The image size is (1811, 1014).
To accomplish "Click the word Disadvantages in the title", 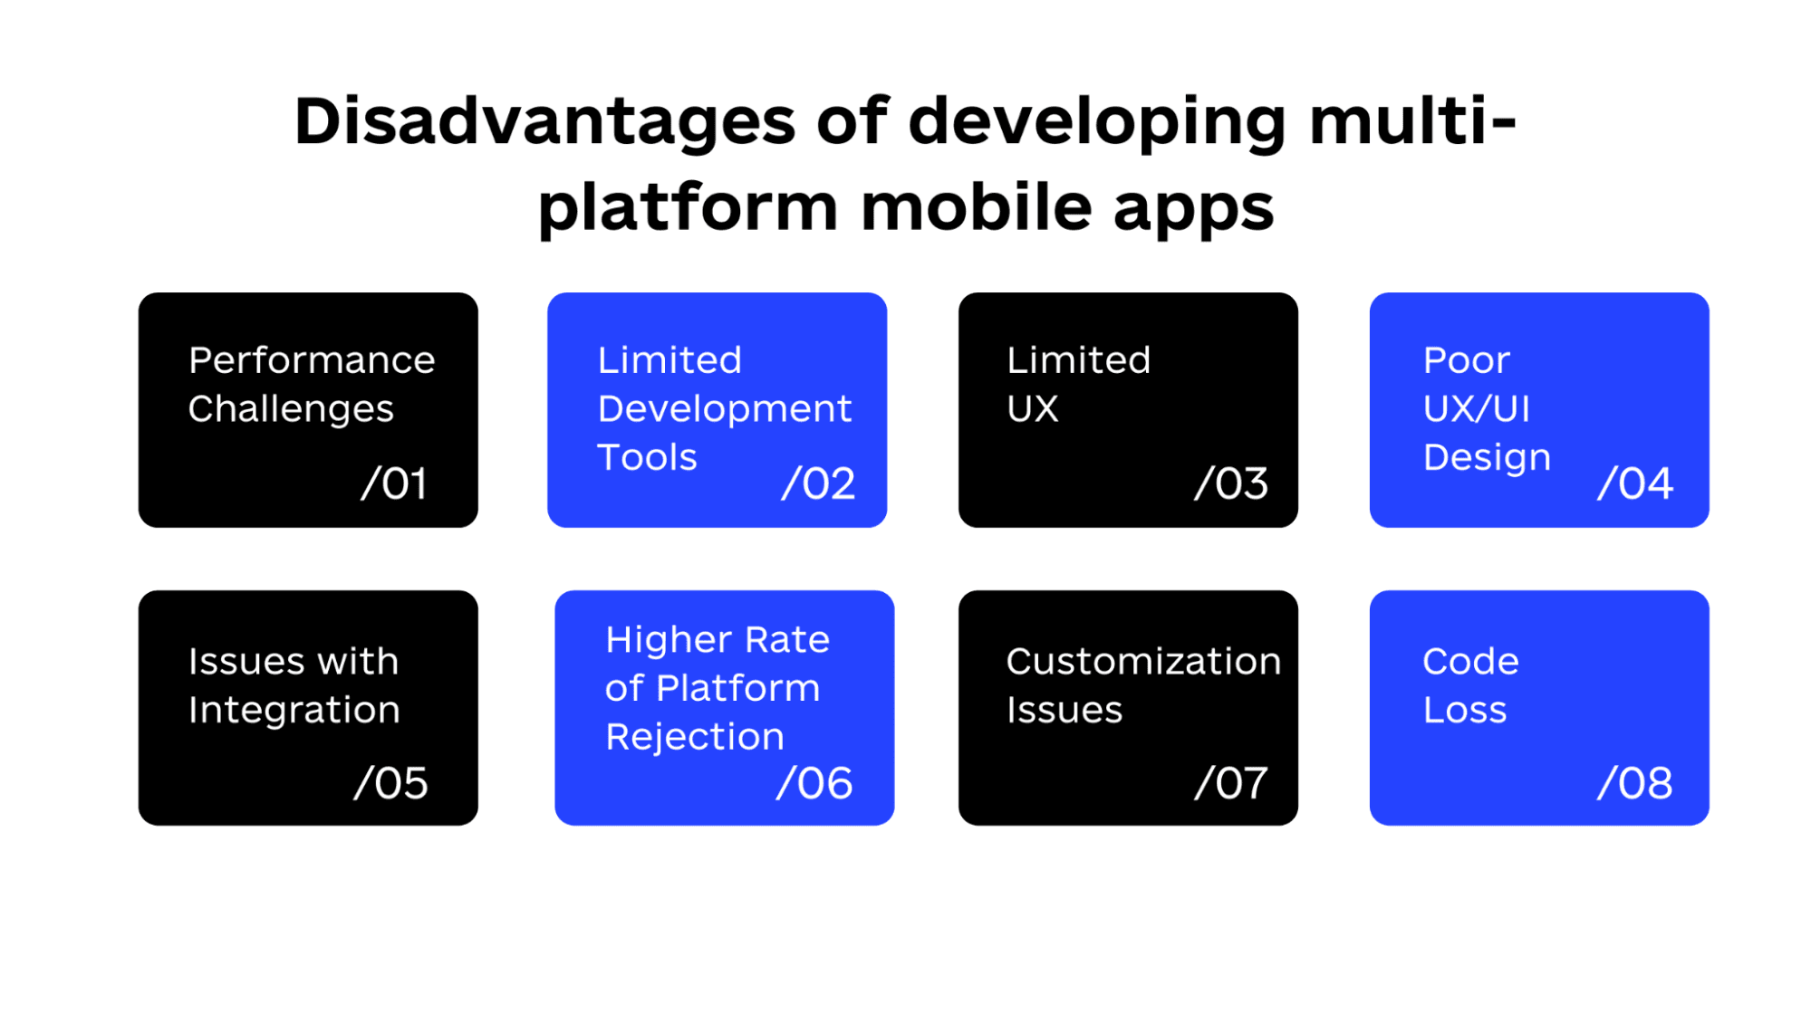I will [x=544, y=122].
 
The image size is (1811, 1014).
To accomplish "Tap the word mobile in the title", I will [x=974, y=208].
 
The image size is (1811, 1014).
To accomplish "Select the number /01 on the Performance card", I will [x=394, y=483].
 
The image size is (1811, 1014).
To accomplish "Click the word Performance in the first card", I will [x=312, y=360].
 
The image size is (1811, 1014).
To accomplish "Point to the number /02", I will [x=818, y=483].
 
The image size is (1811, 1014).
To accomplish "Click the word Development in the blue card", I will [x=724, y=409].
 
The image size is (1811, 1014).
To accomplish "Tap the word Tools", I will [x=647, y=458].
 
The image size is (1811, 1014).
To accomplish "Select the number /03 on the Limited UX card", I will [x=1230, y=483].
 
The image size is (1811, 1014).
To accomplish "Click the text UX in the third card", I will [x=1032, y=409].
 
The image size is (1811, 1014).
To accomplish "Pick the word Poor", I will [x=1466, y=360].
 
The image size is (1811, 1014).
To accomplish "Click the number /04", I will [x=1634, y=483].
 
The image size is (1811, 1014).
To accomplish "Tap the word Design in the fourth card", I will [x=1486, y=458].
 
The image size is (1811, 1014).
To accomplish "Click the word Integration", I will [x=294, y=711].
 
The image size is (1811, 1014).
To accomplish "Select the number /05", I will [x=390, y=783].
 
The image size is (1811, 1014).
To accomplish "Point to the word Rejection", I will [x=694, y=737].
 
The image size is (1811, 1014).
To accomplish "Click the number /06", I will [x=814, y=783].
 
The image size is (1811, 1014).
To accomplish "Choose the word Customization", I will [x=1142, y=662].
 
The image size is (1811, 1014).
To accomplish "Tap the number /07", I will [x=1230, y=783].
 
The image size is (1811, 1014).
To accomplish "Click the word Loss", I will [x=1464, y=711].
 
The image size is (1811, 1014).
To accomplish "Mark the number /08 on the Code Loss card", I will [x=1634, y=783].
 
